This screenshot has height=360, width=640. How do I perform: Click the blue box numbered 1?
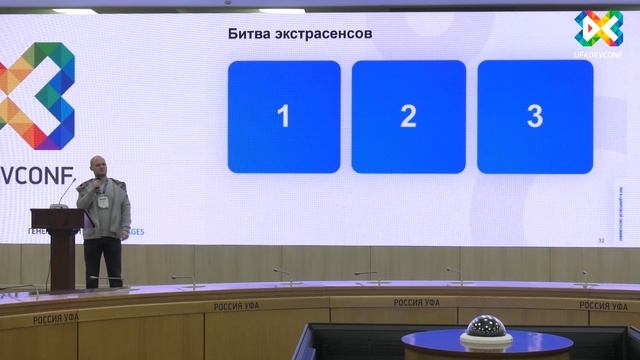click(x=284, y=117)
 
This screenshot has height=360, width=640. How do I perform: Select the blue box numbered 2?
click(x=408, y=117)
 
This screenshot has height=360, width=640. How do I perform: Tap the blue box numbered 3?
click(x=534, y=117)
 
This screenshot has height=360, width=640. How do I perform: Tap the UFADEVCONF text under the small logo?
click(x=599, y=51)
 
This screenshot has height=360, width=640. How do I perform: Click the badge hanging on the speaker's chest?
click(x=101, y=201)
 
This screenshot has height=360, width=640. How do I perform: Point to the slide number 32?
click(x=601, y=240)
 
